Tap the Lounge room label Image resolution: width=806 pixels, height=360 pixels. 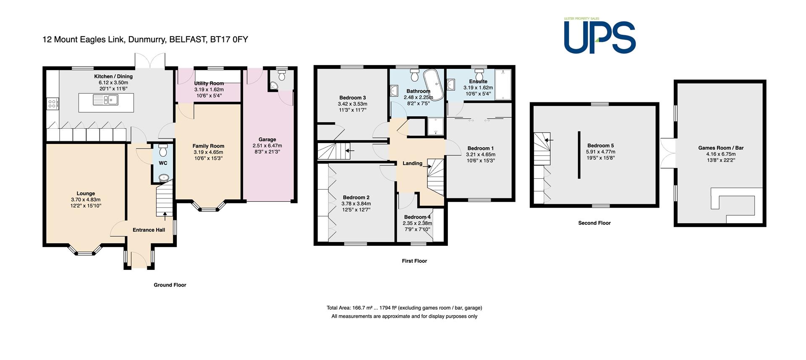86,193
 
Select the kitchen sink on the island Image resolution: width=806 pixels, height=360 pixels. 106,100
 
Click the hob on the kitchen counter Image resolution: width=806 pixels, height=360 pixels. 53,103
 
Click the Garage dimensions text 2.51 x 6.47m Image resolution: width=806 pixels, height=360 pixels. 267,146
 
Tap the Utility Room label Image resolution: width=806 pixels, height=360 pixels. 209,83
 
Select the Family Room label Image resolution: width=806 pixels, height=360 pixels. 209,146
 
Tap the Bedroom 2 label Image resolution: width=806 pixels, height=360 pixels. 356,197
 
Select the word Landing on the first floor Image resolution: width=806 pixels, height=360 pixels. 413,163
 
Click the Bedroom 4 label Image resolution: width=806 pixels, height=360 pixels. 417,217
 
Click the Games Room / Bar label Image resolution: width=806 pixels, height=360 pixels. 721,148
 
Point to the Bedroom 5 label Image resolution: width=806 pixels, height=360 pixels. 601,146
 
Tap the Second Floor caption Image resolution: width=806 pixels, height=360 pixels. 594,223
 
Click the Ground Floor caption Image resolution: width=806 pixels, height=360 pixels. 170,285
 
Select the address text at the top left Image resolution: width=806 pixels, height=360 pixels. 145,40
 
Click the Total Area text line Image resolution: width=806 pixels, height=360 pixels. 404,308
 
